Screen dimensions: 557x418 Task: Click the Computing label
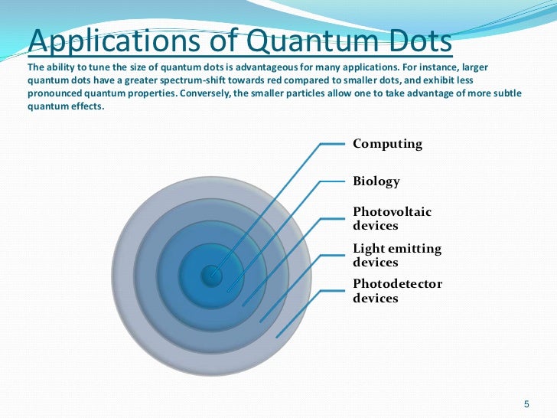tap(387, 144)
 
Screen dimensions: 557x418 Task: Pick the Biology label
tap(376, 182)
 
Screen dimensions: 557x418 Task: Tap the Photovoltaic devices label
tap(392, 218)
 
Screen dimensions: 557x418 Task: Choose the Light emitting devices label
tap(396, 255)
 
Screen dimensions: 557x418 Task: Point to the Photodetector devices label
tap(397, 291)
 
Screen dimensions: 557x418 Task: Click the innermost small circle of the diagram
tap(211, 275)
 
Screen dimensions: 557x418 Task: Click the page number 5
tap(526, 403)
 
